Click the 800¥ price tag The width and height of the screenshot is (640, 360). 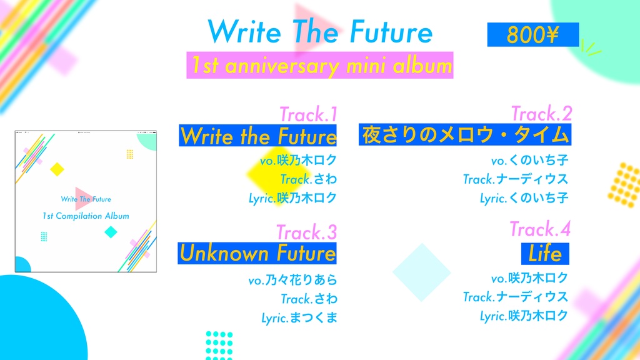532,35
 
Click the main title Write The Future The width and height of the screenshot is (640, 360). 319,31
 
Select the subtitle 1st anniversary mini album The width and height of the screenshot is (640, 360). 320,66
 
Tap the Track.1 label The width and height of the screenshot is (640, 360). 308,114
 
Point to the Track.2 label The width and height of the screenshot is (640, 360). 541,114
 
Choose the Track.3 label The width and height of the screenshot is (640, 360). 306,232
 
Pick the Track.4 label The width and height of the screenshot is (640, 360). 540,229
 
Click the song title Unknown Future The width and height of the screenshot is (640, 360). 257,253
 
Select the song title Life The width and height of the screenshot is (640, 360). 545,253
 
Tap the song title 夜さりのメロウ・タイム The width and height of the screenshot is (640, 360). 465,134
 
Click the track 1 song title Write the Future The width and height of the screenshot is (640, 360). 258,136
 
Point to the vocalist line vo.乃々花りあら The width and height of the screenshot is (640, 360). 292,280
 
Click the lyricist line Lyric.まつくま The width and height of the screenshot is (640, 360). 299,317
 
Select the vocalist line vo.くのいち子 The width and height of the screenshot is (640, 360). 529,161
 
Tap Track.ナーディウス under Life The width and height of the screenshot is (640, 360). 516,297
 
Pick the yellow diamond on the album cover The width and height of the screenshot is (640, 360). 57,169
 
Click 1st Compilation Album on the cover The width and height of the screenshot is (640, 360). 86,216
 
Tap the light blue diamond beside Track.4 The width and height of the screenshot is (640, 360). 421,272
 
